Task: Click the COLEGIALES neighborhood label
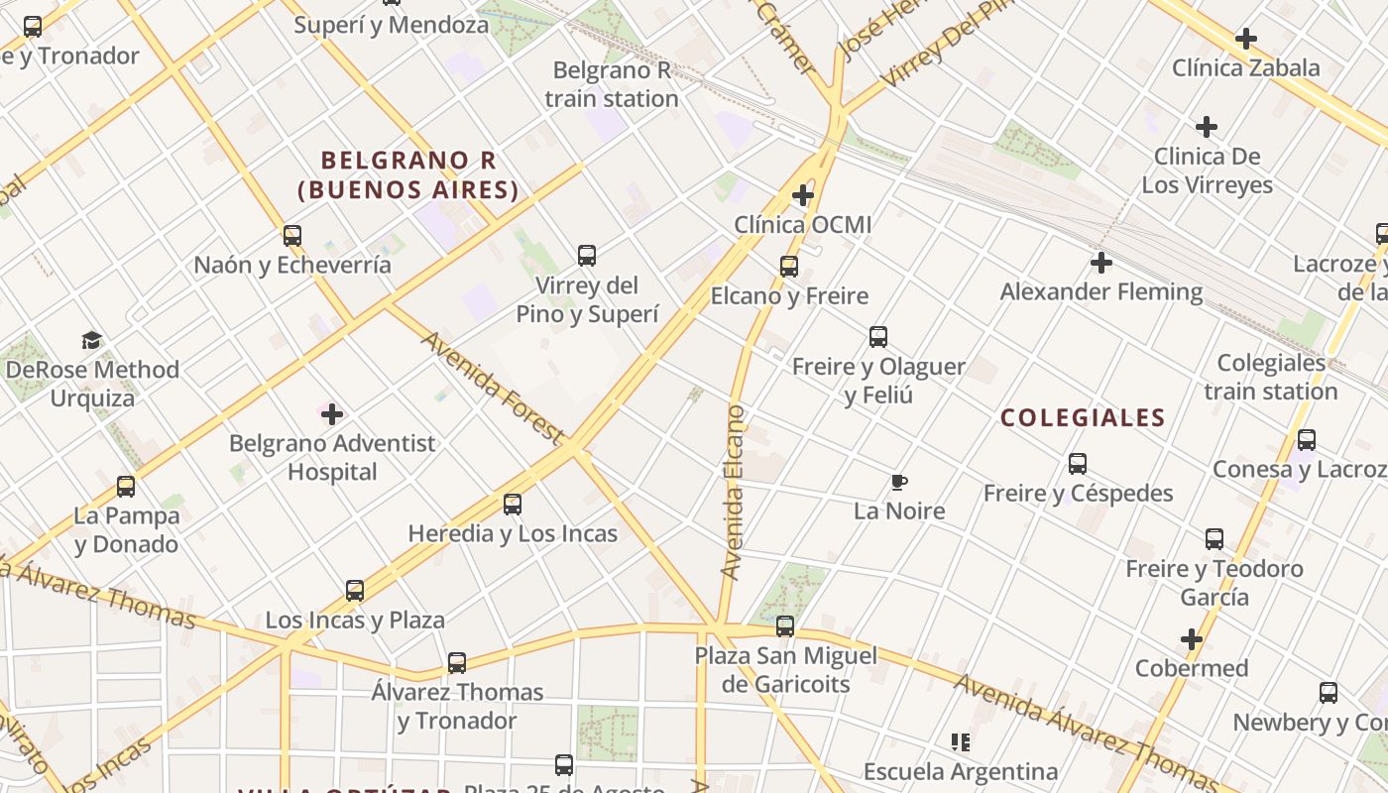[x=1083, y=417]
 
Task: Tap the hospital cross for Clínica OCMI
[x=803, y=195]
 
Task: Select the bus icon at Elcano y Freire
[x=789, y=266]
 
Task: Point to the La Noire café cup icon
[x=898, y=482]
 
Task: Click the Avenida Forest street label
[x=493, y=388]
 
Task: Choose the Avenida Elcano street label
[x=734, y=492]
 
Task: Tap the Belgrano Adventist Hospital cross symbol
[x=332, y=413]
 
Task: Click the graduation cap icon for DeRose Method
[x=92, y=340]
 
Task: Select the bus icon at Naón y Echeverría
[x=292, y=236]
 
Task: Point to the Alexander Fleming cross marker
[x=1100, y=263]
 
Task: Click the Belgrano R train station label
[x=612, y=84]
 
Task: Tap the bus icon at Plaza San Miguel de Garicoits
[x=785, y=626]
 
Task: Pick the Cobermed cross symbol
[x=1192, y=639]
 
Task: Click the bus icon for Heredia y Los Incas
[x=513, y=504]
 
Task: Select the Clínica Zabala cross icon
[x=1246, y=39]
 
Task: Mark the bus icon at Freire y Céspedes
[x=1078, y=463]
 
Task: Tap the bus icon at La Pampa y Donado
[x=126, y=486]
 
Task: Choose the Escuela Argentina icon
[x=960, y=741]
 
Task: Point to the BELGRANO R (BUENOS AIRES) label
[x=408, y=174]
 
